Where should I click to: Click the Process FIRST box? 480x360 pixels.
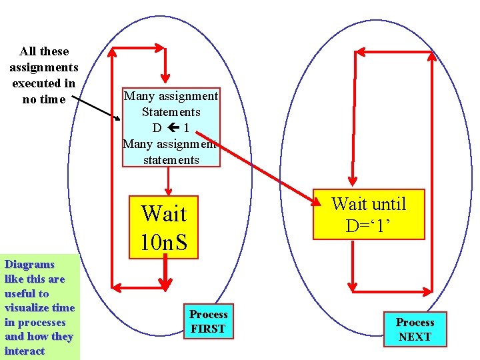(x=209, y=321)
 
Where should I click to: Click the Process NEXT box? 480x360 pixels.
(x=415, y=329)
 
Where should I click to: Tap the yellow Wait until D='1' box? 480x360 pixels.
(x=368, y=214)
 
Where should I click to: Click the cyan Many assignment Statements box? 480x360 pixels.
(x=171, y=127)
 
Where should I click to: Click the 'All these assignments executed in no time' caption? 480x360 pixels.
(x=44, y=75)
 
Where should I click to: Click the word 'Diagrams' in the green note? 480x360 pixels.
(x=29, y=265)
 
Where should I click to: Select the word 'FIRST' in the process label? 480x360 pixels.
(x=208, y=329)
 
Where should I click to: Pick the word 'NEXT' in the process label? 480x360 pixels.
(x=415, y=337)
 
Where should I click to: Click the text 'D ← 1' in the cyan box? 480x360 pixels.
(x=171, y=127)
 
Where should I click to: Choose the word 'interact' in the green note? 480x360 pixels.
(x=25, y=351)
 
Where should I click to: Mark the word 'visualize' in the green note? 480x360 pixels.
(x=28, y=307)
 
